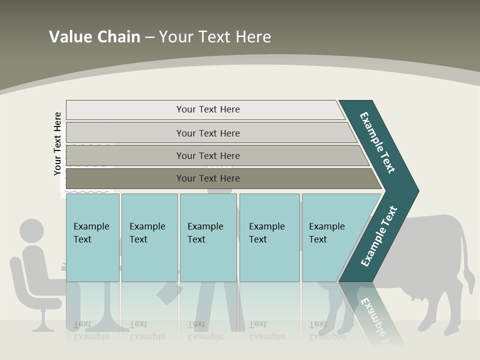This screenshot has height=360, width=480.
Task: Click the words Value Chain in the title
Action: tap(94, 36)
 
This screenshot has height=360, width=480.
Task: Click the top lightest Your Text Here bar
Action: tap(207, 109)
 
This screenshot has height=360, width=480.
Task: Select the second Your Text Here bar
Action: tap(207, 133)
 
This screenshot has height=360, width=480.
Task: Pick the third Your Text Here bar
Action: tap(207, 155)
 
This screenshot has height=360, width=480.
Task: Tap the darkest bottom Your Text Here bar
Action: tap(207, 178)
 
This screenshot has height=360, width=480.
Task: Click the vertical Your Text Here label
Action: tap(57, 143)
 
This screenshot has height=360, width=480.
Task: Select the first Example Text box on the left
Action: tap(92, 237)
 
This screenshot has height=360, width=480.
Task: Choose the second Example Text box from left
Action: tap(149, 237)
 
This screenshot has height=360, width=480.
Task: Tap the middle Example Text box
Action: tap(208, 237)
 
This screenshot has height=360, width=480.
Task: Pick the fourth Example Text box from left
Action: tap(269, 237)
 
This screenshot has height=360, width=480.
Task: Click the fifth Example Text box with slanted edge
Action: tap(330, 237)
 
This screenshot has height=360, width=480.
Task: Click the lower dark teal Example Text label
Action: tap(379, 236)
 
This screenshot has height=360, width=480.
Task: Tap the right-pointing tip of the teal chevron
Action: tap(416, 191)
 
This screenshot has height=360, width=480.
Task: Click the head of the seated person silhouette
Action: tap(31, 231)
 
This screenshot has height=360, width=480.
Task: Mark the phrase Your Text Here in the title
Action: tap(215, 36)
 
